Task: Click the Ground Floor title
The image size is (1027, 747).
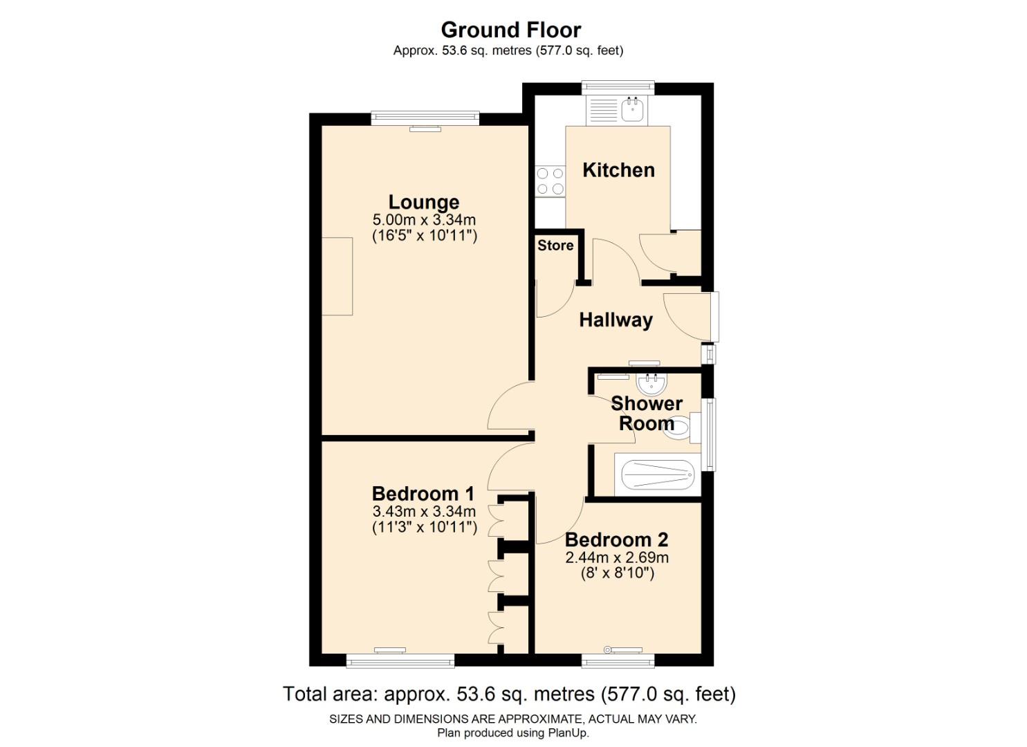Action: tap(510, 30)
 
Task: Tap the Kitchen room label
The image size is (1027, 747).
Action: tap(618, 170)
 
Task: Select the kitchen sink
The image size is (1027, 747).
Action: tap(632, 109)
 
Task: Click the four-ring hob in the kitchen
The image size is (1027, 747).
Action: tap(550, 181)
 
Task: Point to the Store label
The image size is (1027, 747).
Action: tap(555, 246)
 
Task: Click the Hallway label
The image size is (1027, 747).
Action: tap(616, 320)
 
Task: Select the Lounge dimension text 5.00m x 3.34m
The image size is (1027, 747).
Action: tap(424, 220)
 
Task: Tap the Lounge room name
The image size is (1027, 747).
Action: tap(423, 202)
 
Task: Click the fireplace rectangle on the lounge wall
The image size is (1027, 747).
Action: tap(337, 276)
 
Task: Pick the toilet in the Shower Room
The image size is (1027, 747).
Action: tap(678, 427)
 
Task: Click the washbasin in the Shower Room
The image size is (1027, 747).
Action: tap(650, 382)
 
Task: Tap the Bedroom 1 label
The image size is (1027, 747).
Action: tap(423, 494)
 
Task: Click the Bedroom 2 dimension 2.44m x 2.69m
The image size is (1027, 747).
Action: tap(617, 557)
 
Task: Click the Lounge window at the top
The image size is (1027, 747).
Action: tap(425, 118)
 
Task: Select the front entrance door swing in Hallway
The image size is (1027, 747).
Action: tap(685, 315)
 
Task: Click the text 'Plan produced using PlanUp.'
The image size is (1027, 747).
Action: tap(512, 732)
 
